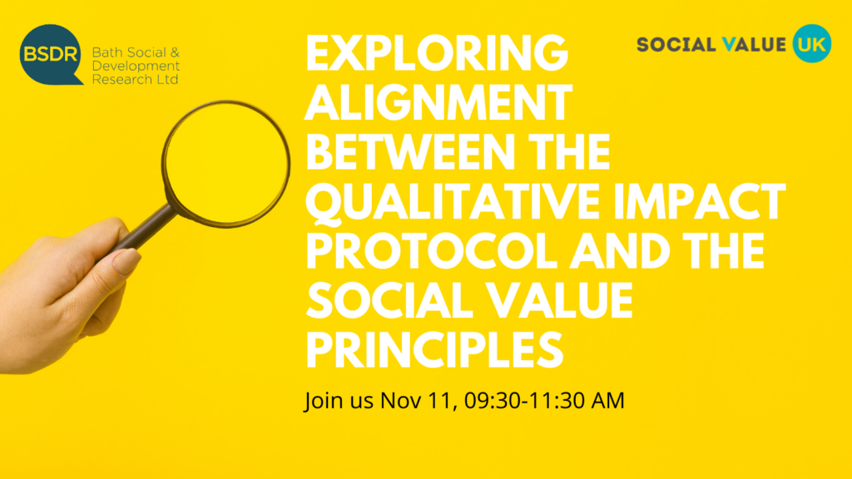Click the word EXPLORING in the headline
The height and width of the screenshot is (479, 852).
[x=437, y=52]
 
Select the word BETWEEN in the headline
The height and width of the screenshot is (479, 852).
[x=410, y=151]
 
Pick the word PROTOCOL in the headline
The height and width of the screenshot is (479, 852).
[x=432, y=251]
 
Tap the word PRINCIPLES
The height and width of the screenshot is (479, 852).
[x=434, y=350]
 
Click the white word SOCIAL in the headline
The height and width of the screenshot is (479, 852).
[x=389, y=301]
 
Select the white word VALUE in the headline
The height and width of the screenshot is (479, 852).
[x=559, y=301]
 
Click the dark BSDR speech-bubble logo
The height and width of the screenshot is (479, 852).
[x=51, y=54]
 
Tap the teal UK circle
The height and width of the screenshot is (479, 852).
[x=812, y=43]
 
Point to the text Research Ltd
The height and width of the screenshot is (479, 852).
[x=136, y=79]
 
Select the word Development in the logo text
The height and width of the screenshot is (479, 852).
[x=136, y=67]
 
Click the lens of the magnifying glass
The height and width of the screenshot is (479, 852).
[x=226, y=163]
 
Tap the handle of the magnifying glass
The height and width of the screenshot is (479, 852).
[x=142, y=230]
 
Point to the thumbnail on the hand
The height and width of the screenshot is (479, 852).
[x=126, y=260]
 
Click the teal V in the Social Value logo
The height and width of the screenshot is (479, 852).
[x=728, y=44]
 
